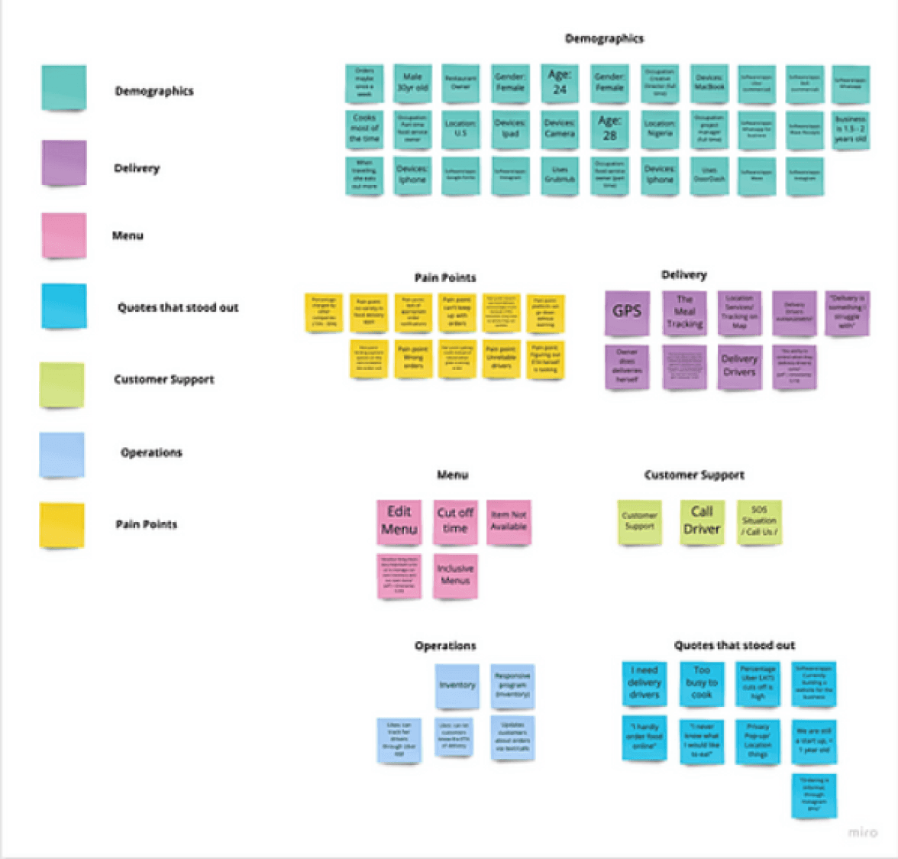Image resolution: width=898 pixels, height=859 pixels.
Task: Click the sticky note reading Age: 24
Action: click(560, 83)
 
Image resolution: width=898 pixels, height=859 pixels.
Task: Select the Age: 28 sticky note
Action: click(609, 128)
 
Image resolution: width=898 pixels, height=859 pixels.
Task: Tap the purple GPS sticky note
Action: click(627, 312)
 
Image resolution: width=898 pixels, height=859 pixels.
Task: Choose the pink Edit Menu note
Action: click(399, 521)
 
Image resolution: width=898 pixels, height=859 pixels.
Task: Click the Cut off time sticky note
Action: click(455, 521)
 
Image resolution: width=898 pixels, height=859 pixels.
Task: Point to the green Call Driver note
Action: click(702, 521)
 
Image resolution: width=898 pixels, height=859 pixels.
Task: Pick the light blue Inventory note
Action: click(457, 686)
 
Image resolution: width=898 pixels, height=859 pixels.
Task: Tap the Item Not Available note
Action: click(509, 521)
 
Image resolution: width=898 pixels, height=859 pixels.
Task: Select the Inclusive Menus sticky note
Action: click(455, 575)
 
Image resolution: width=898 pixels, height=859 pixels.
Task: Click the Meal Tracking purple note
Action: click(684, 312)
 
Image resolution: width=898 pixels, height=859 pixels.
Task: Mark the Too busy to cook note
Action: click(702, 682)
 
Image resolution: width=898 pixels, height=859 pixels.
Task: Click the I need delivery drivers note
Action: click(644, 682)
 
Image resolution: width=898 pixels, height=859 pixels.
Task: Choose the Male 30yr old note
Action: click(412, 83)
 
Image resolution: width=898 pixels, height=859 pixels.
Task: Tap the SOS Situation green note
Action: click(759, 521)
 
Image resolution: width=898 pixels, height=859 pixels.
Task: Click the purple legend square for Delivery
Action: click(63, 163)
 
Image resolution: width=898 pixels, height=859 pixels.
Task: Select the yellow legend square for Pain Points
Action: click(62, 524)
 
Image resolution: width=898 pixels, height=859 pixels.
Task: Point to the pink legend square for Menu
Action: click(63, 235)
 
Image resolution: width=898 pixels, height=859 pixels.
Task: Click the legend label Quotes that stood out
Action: click(178, 307)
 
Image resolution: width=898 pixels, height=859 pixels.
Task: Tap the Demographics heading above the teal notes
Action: click(604, 38)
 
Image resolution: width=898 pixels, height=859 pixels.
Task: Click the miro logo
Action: click(862, 832)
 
